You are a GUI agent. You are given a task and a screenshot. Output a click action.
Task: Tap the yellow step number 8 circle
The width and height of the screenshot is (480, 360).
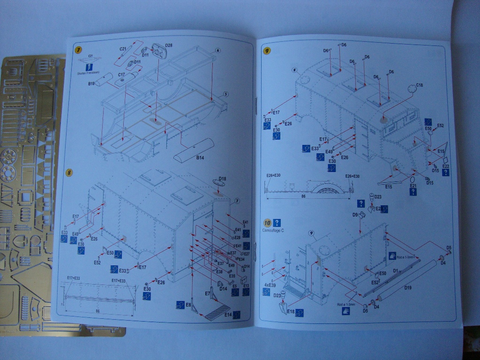click(69, 172)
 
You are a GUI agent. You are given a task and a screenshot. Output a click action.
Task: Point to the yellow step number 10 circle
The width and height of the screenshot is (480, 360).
click(267, 223)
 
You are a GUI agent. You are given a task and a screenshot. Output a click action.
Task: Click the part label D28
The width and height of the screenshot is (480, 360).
click(168, 45)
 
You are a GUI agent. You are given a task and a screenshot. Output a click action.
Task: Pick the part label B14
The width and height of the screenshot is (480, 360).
click(201, 158)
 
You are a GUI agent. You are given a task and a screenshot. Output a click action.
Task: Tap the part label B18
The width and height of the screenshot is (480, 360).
click(91, 83)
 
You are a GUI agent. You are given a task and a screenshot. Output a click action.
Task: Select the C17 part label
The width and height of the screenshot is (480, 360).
click(121, 75)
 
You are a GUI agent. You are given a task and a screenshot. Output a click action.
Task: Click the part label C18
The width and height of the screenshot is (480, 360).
click(419, 85)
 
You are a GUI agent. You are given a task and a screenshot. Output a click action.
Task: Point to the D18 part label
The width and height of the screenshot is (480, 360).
click(222, 179)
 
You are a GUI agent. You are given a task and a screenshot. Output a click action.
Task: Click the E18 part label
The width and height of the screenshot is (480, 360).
click(291, 311)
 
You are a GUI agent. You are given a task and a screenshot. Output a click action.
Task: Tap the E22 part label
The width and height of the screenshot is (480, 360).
click(445, 166)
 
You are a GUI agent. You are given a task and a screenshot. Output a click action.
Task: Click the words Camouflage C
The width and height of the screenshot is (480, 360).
click(273, 231)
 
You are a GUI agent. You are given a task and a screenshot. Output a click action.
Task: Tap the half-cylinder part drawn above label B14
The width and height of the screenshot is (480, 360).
click(193, 149)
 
